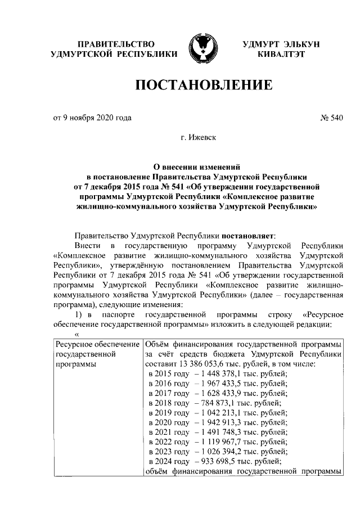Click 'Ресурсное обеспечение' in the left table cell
click(x=96, y=344)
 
